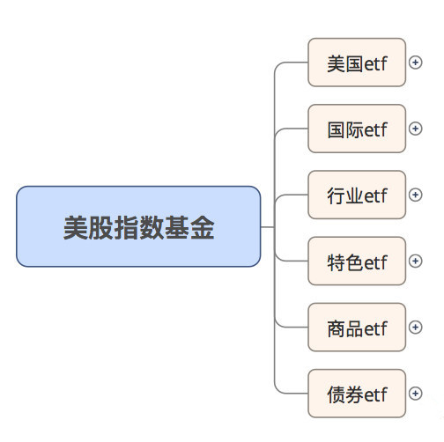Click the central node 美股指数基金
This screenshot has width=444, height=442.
coord(138,226)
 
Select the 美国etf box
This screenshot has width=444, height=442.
coord(357,63)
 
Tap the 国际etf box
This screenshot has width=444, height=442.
coord(357,129)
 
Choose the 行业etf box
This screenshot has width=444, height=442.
coord(357,195)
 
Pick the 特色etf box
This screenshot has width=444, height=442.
coord(357,261)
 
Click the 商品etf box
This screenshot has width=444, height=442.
coord(357,328)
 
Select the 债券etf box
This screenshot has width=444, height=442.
coord(357,394)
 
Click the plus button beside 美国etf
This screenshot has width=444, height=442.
coord(415,63)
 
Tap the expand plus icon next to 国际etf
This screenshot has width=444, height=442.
coord(415,129)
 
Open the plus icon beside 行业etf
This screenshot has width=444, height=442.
coord(415,195)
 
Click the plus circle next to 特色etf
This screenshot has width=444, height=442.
coord(415,261)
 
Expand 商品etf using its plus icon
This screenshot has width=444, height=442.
coord(415,328)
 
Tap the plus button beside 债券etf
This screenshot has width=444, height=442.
coord(415,394)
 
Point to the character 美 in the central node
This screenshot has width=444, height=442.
coord(76,227)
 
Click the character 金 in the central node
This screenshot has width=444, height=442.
coord(202,227)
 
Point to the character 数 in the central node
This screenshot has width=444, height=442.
coord(152,227)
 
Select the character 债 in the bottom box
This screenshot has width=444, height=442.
coord(337,394)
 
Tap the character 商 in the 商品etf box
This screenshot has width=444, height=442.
coord(337,328)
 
